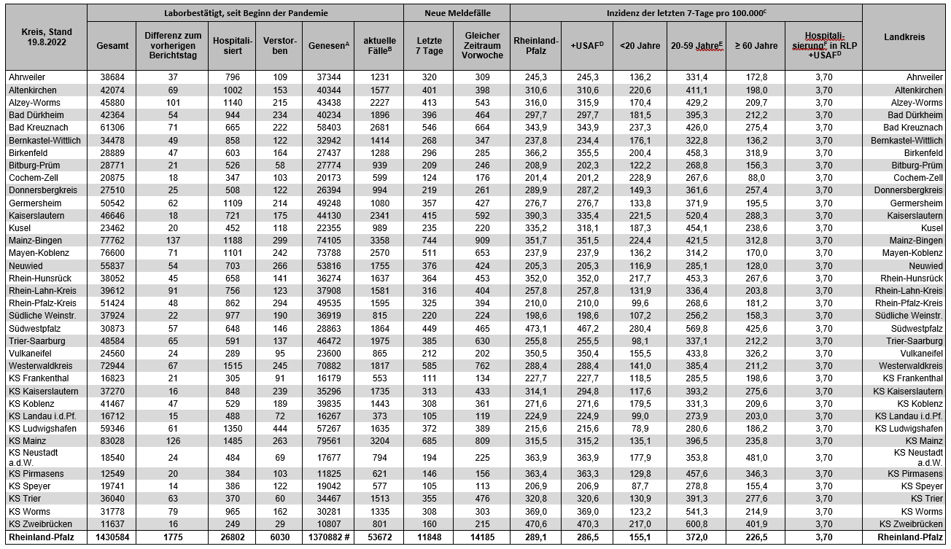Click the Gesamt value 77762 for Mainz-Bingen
pos(112,240)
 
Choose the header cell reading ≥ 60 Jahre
pos(756,45)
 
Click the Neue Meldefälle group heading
pos(457,13)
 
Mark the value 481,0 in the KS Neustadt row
pos(756,457)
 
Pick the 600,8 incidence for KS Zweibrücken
pos(696,525)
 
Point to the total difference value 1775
pos(173,538)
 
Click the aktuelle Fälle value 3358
pos(377,240)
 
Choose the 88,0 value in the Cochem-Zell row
pos(756,177)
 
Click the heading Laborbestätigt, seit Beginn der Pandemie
pos(245,13)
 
